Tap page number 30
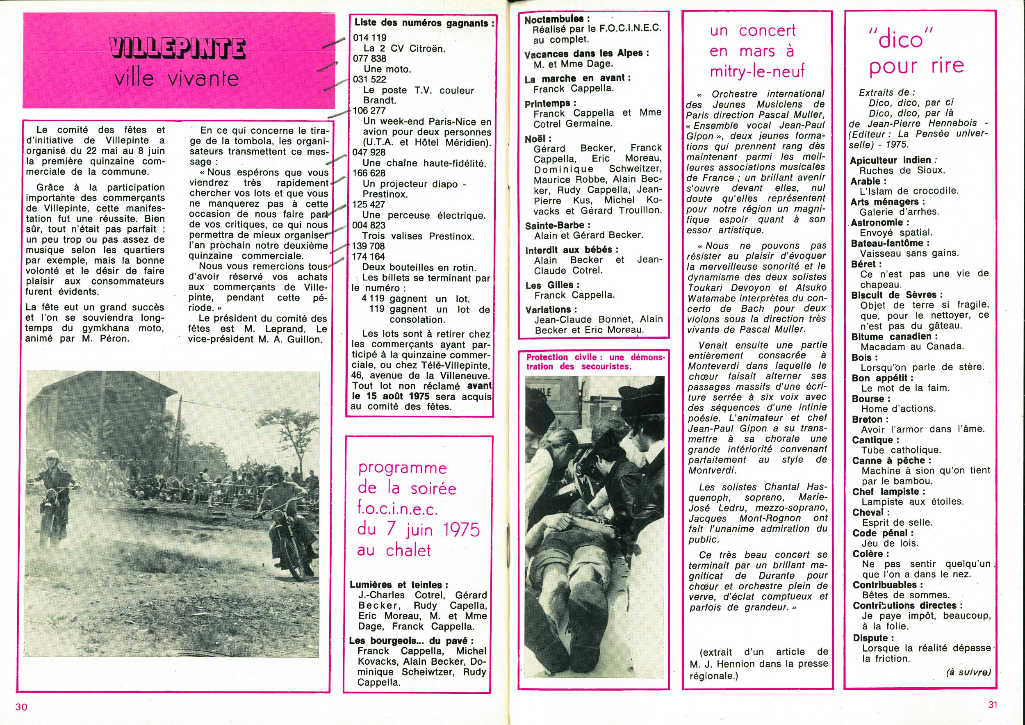click(22, 707)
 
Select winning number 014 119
click(370, 38)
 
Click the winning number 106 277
click(369, 111)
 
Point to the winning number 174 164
click(368, 257)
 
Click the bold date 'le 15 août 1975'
click(391, 397)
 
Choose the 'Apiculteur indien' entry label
click(884, 160)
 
